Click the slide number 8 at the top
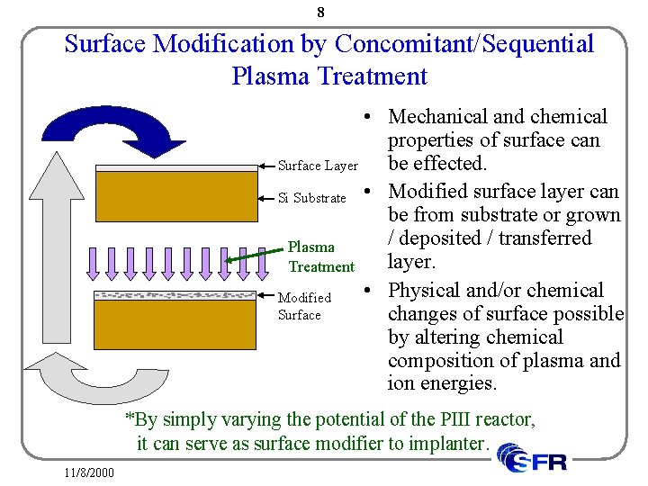pos(321,13)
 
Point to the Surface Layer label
pos(318,166)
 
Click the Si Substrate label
pos(311,198)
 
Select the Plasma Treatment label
pos(320,256)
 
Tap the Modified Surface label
pos(303,306)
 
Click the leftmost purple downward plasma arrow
pos(93,260)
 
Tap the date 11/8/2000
pos(89,472)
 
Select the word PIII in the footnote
pos(444,420)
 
